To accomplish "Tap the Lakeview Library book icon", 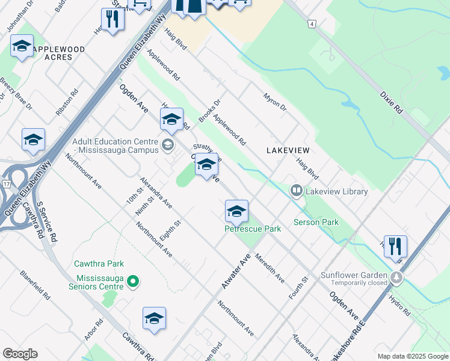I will [296, 191].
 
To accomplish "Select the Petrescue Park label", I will [253, 229].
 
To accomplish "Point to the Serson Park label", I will [316, 222].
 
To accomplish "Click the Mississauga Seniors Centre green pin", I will [134, 281].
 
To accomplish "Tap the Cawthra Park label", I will [99, 264].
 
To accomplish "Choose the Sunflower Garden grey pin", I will [396, 277].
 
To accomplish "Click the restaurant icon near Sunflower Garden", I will [395, 246].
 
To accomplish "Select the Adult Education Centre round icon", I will [167, 144].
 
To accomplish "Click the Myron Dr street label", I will [274, 100].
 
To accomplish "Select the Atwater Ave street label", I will [235, 271].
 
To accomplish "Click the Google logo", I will [20, 354].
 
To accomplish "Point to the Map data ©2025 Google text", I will [412, 356].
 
